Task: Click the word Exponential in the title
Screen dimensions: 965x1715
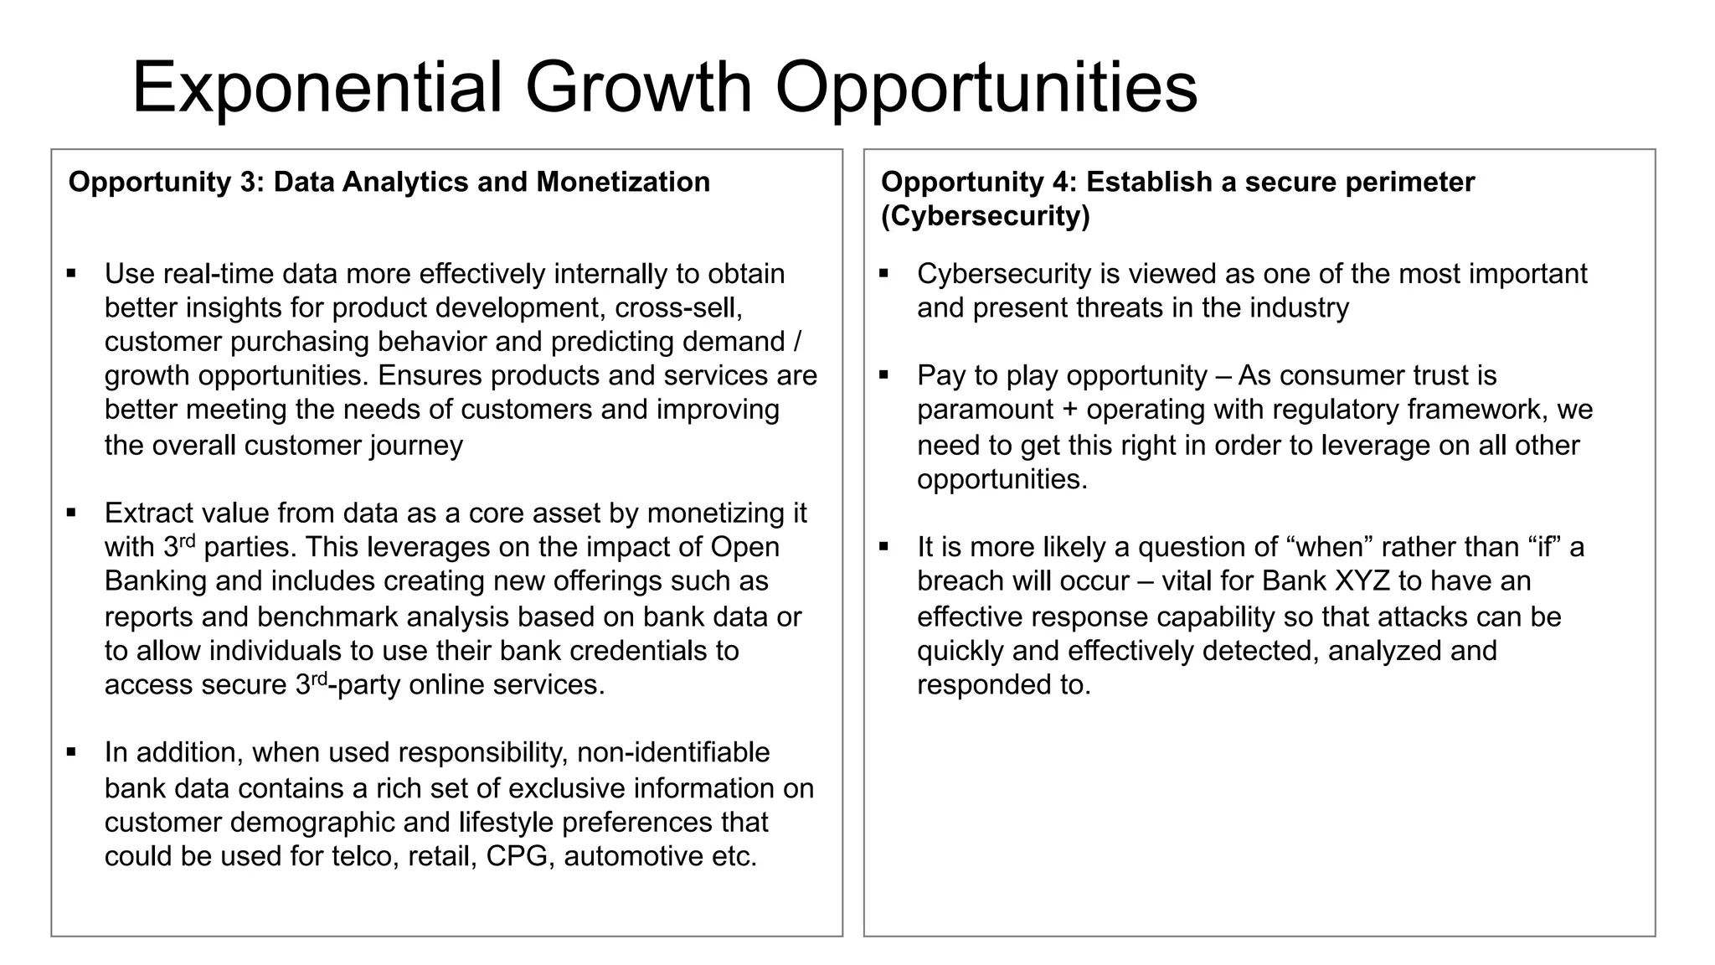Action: (317, 88)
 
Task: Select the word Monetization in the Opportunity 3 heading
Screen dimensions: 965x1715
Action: (623, 182)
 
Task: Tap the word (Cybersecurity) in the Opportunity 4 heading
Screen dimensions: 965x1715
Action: (985, 216)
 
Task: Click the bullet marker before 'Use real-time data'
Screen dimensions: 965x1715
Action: (71, 273)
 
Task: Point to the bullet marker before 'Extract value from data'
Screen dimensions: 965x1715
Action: (71, 512)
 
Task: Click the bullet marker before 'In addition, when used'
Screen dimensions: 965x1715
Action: (71, 751)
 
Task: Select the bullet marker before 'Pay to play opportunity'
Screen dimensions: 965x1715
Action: (883, 374)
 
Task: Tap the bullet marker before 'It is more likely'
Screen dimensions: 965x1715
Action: (883, 546)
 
